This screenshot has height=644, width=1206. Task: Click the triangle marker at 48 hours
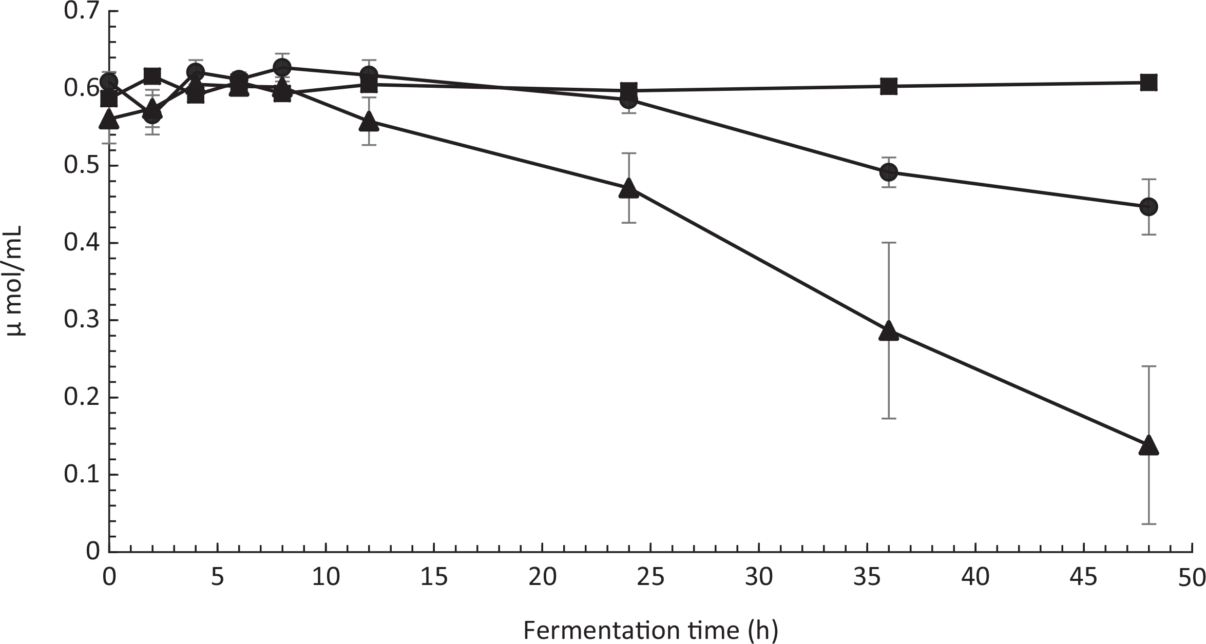point(1148,445)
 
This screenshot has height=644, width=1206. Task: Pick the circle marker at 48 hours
point(1148,207)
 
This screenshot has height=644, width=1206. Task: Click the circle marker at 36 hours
point(889,172)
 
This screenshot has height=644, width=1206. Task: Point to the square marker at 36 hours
point(889,87)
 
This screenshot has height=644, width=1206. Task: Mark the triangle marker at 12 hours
point(369,122)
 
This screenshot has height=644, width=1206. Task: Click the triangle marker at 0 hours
point(109,119)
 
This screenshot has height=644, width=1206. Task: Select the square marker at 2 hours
point(152,76)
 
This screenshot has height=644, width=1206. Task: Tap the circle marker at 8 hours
point(282,67)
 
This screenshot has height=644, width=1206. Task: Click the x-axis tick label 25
point(650,578)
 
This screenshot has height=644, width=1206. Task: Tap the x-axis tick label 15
point(434,578)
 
